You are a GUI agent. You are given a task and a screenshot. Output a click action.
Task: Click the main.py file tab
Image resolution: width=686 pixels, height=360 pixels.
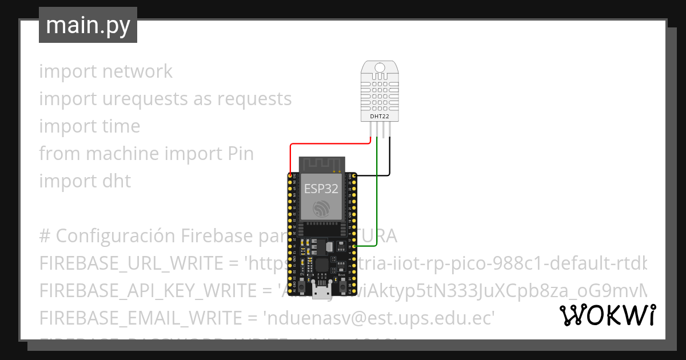(x=87, y=25)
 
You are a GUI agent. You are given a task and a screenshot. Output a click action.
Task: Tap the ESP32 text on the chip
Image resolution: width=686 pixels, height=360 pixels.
(x=320, y=189)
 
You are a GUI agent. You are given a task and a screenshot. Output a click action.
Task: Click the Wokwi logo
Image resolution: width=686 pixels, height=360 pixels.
(x=607, y=315)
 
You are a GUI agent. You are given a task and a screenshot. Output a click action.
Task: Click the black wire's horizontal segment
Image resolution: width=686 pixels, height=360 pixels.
(x=372, y=175)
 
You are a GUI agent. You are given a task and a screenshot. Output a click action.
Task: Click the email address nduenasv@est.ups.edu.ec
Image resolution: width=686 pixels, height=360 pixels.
(x=378, y=318)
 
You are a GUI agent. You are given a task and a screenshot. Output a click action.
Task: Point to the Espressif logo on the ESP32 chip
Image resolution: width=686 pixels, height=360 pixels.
(x=320, y=209)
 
